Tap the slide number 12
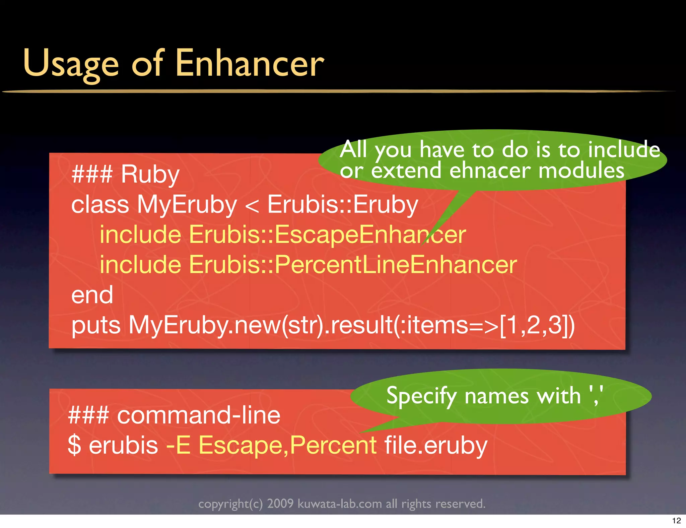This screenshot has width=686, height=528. [x=676, y=521]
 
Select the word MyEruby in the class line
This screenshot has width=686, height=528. [x=187, y=205]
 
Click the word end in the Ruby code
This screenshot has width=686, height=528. [x=92, y=295]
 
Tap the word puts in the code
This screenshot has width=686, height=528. [x=96, y=326]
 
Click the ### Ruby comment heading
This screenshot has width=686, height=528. [x=126, y=174]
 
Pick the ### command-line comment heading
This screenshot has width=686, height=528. [x=174, y=415]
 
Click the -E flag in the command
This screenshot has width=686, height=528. [x=179, y=446]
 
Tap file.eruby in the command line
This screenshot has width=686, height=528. [x=435, y=446]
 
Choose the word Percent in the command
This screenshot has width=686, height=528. [x=333, y=446]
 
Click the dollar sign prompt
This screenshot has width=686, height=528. [x=74, y=446]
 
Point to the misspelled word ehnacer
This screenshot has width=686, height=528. [x=490, y=171]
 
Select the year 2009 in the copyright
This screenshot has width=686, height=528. [x=280, y=504]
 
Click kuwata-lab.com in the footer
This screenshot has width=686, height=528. [x=340, y=504]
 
